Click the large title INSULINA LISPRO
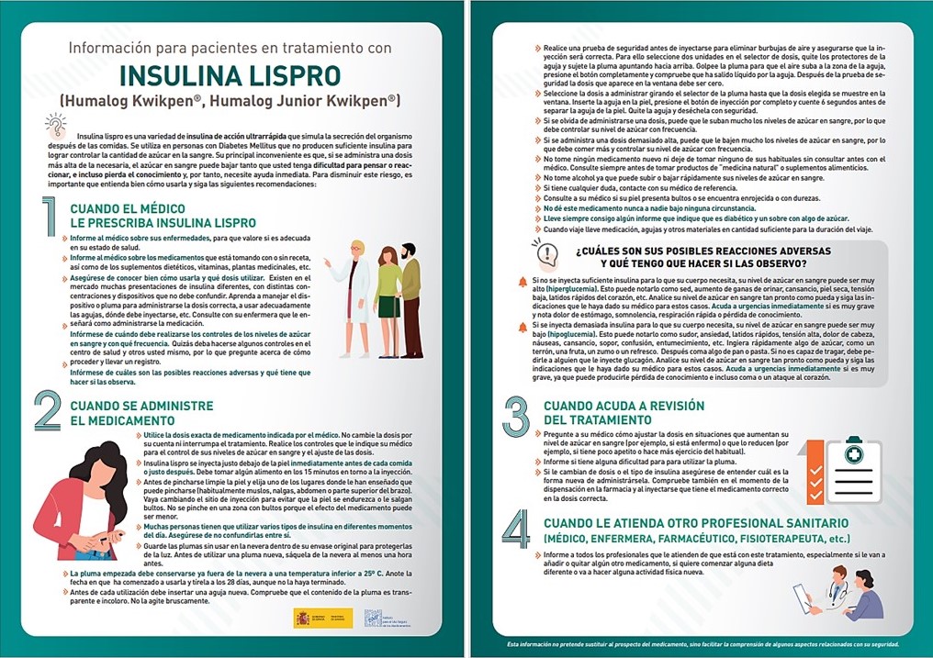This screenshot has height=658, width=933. [x=230, y=74]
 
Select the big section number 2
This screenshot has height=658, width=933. [x=48, y=411]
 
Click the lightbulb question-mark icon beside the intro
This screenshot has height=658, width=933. [x=56, y=125]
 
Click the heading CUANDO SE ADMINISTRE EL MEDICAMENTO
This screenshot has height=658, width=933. [x=141, y=412]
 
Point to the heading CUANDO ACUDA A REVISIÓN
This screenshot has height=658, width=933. [x=624, y=412]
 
